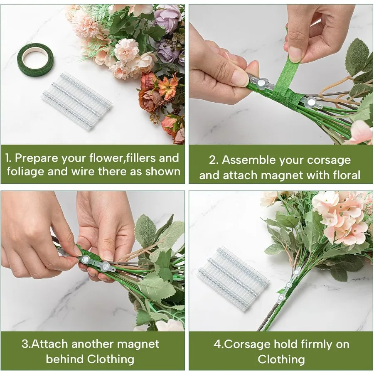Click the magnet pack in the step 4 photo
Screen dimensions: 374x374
tap(233, 277)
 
